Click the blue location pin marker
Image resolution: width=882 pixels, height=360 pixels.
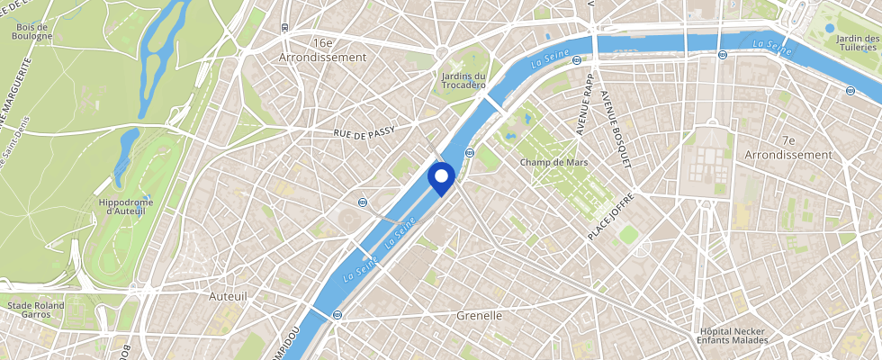point(440,177)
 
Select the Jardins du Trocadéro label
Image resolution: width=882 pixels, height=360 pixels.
point(464,81)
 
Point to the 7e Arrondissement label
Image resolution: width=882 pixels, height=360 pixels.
point(788,148)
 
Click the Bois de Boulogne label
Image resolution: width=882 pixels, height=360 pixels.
point(34,31)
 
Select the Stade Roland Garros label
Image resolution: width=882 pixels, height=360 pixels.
point(36,310)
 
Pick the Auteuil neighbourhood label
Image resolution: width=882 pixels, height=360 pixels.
point(228,295)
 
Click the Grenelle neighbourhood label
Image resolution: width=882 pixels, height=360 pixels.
point(479,316)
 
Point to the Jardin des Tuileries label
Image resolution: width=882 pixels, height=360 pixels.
point(857,42)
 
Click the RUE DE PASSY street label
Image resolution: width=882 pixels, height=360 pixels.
point(364,134)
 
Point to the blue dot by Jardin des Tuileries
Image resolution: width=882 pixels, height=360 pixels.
point(830,28)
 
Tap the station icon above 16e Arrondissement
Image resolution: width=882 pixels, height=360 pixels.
point(284,27)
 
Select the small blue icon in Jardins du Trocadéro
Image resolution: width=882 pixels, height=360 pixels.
point(472,86)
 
